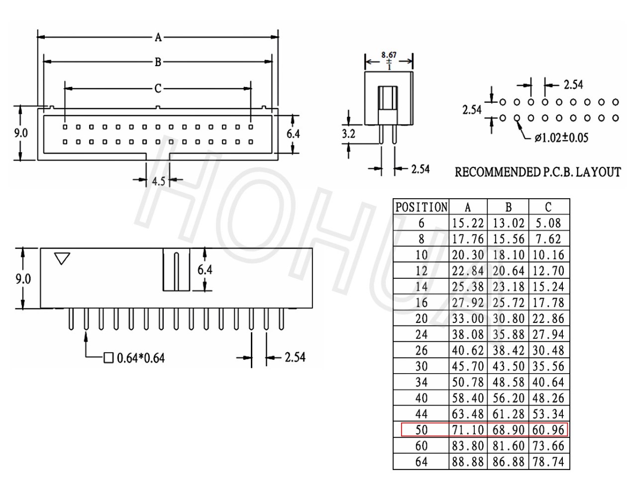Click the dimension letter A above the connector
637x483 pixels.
click(158, 37)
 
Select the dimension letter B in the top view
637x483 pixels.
click(158, 62)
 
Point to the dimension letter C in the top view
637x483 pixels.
click(158, 88)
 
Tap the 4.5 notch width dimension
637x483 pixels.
click(158, 181)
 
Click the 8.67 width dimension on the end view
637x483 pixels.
click(389, 55)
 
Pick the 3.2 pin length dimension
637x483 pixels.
click(348, 134)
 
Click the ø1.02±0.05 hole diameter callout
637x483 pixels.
click(561, 138)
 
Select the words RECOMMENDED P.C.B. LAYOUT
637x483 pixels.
click(538, 172)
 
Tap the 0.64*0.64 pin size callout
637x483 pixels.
click(140, 358)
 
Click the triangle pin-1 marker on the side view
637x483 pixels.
click(62, 258)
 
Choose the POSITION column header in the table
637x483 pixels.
click(422, 207)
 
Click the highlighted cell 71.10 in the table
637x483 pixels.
click(468, 430)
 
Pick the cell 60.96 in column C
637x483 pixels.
click(548, 430)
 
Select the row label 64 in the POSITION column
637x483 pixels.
click(422, 462)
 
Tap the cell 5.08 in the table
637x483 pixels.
click(548, 223)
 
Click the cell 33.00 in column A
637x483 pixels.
click(468, 319)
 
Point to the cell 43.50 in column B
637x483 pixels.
click(509, 366)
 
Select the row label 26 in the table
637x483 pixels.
click(422, 350)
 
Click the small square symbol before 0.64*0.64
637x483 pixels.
click(108, 358)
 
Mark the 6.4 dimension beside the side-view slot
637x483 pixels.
click(205, 270)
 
